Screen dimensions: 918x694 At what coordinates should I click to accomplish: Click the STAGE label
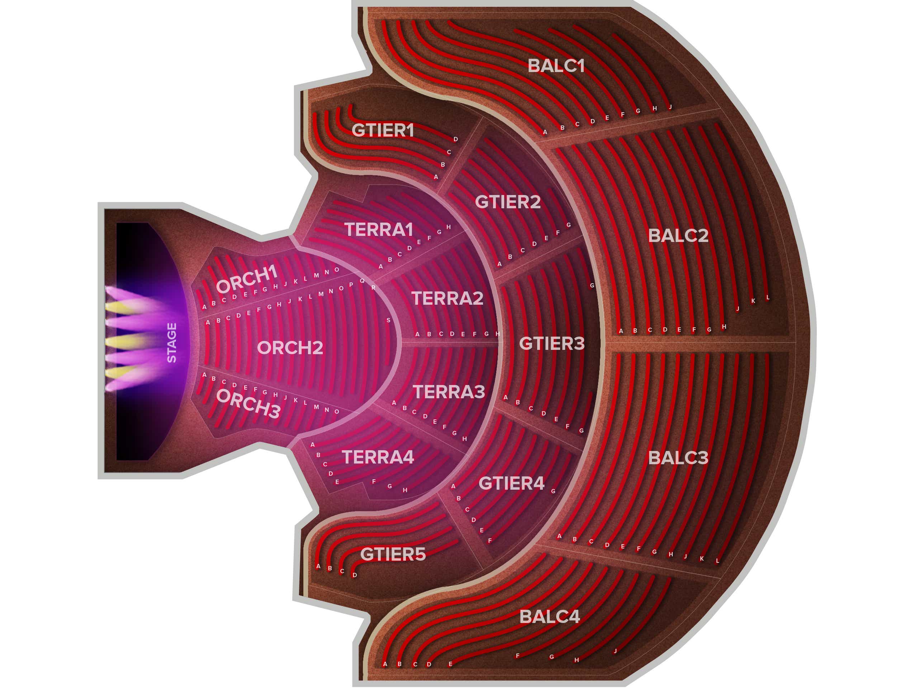[172, 343]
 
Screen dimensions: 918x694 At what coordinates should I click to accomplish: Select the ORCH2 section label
[290, 348]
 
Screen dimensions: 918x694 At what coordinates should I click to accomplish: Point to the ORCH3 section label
[248, 403]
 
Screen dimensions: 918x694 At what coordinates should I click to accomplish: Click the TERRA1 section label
[378, 229]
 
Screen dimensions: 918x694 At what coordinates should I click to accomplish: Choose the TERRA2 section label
[448, 298]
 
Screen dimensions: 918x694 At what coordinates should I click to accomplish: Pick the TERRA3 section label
[449, 391]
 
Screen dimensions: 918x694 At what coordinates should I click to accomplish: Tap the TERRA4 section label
[378, 457]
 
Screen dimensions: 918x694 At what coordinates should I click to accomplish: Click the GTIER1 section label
[383, 130]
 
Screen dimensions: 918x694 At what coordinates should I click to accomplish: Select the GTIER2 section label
[508, 202]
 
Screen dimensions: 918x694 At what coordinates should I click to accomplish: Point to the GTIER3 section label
[552, 343]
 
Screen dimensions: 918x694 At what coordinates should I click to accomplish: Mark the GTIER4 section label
[511, 483]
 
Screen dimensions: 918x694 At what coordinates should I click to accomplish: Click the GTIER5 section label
[393, 554]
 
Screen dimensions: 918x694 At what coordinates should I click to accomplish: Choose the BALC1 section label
[556, 66]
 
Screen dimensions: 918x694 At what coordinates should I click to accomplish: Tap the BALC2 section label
[678, 236]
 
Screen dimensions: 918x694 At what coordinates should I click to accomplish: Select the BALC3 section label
[678, 458]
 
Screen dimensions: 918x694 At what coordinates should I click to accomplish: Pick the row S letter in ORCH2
[388, 320]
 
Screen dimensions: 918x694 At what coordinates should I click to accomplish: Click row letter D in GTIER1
[456, 139]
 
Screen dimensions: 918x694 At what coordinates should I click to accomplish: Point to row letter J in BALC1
[670, 107]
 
